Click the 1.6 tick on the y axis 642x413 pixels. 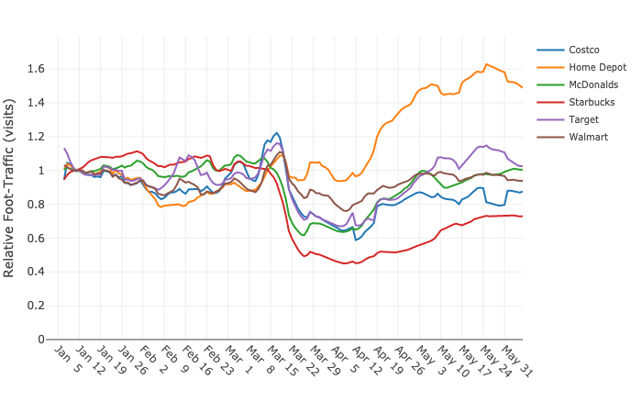[36, 69]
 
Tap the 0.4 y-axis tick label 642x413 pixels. [36, 272]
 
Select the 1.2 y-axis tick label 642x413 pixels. [36, 137]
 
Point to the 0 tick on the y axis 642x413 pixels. [40, 340]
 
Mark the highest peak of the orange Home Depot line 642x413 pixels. [486, 64]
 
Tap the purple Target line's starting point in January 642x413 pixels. [64, 149]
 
